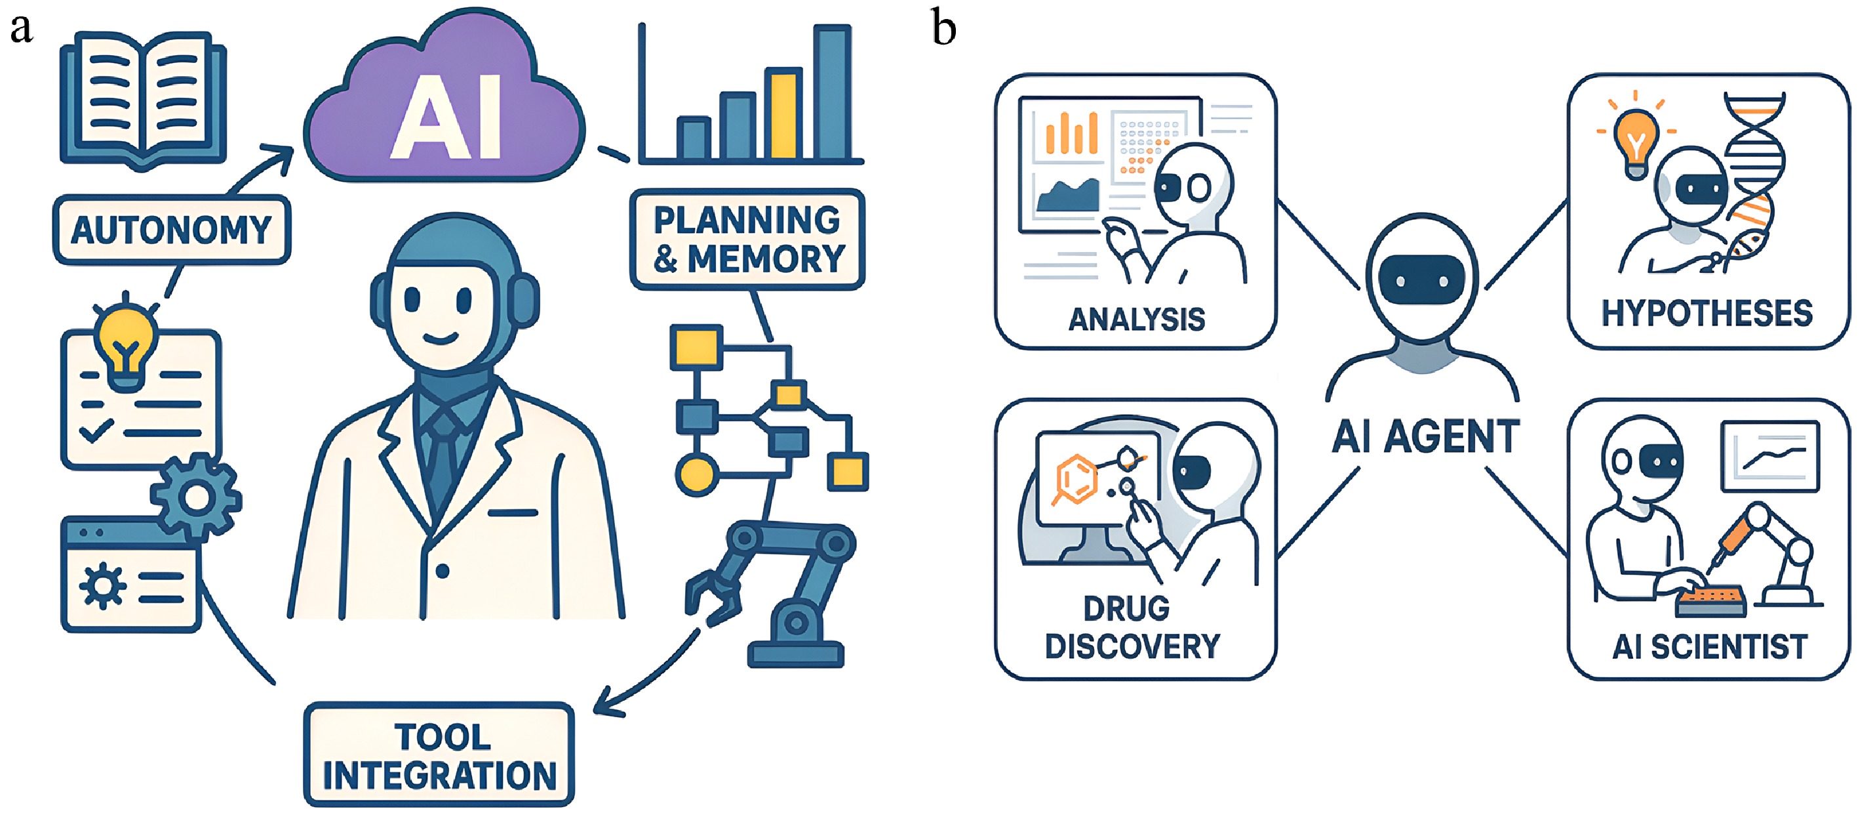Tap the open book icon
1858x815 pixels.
click(143, 98)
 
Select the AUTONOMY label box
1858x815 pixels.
click(172, 230)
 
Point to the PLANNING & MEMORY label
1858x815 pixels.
click(747, 239)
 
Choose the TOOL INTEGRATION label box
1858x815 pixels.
click(439, 755)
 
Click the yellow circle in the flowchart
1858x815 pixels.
click(696, 474)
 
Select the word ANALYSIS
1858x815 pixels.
click(1136, 319)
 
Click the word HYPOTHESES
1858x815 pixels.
click(1707, 313)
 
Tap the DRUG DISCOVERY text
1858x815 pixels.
click(1132, 627)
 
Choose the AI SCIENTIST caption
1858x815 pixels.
click(1709, 647)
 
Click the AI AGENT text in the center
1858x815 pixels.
click(1425, 437)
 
